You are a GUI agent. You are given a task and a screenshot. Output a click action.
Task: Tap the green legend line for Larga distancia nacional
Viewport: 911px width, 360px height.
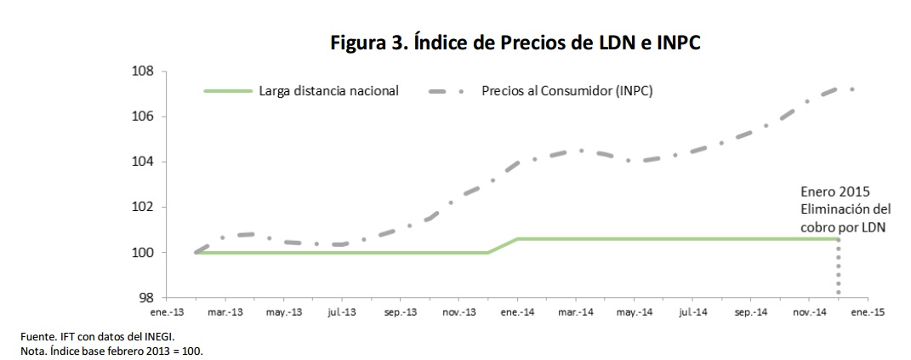[x=227, y=90]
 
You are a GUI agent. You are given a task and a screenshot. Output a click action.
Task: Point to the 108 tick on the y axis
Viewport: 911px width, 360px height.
[x=142, y=71]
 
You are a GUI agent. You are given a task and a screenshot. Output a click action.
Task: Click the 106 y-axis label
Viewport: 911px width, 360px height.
[x=142, y=117]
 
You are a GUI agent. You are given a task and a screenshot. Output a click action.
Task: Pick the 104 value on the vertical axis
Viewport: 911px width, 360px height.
[x=142, y=162]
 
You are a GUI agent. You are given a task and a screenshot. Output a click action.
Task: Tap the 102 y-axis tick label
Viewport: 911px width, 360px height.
[x=142, y=207]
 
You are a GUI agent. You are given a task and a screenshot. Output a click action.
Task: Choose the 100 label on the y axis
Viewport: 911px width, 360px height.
[x=142, y=253]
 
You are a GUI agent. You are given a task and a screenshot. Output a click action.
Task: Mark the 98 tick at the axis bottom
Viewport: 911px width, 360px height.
[x=145, y=298]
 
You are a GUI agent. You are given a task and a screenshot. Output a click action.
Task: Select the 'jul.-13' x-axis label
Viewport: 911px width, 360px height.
[x=342, y=313]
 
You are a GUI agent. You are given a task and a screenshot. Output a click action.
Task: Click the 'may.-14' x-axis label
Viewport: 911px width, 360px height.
[x=633, y=313]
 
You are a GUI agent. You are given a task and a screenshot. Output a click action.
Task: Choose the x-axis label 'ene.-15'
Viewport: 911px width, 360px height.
[x=866, y=313]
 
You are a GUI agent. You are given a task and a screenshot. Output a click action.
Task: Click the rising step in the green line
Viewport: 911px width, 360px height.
[x=503, y=245]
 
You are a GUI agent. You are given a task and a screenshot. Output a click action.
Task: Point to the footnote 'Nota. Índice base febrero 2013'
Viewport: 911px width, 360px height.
[x=112, y=351]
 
